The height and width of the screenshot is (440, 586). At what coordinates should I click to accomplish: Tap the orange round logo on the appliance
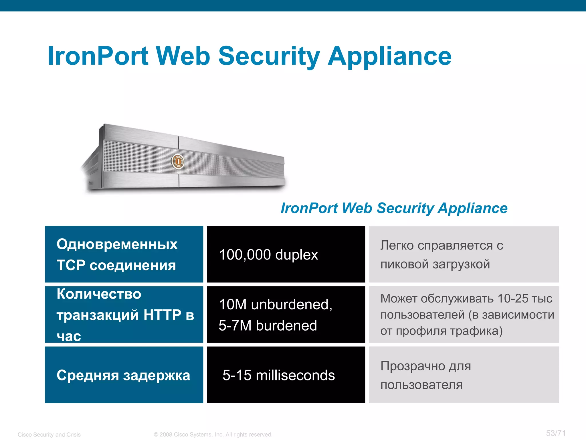[x=178, y=161]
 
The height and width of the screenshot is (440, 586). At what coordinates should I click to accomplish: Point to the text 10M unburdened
[x=275, y=304]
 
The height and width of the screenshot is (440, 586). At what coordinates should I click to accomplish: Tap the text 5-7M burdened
[x=268, y=326]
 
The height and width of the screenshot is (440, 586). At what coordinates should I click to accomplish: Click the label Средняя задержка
[x=123, y=375]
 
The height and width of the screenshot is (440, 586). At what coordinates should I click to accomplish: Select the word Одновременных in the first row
[x=117, y=244]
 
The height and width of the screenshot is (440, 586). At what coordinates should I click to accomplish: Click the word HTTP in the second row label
[x=162, y=315]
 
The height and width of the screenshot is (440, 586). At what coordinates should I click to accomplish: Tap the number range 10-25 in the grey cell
[x=513, y=298]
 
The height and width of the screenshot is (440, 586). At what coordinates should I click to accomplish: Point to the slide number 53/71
[x=556, y=433]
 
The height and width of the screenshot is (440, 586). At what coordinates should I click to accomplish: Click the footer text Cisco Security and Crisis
[x=49, y=435]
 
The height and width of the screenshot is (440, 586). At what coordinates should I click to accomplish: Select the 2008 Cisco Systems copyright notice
[x=213, y=435]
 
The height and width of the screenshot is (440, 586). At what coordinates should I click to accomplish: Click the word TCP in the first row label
[x=71, y=265]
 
